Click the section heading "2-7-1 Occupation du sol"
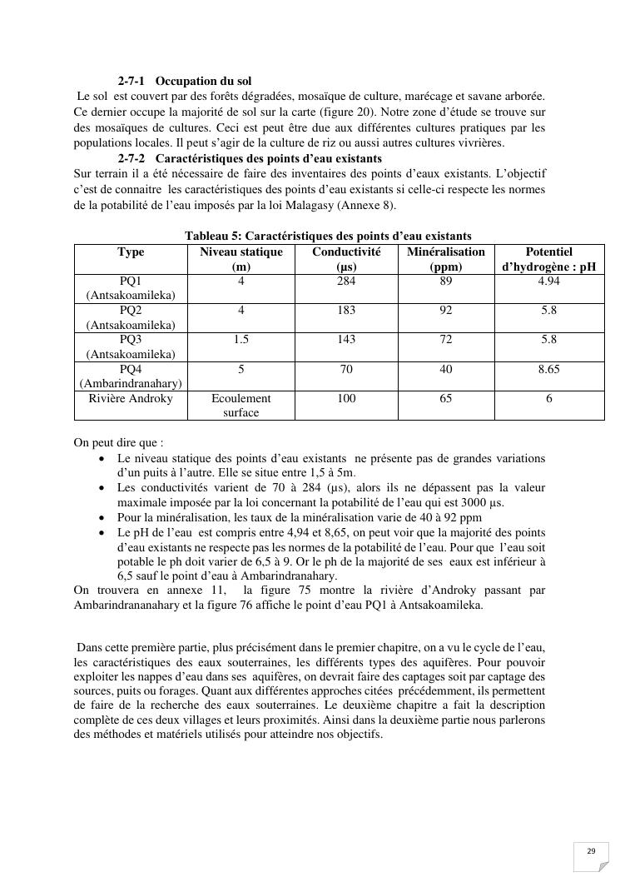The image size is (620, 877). point(184,82)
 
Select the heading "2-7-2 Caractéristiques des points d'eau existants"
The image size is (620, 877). point(250,158)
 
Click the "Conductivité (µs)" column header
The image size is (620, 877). point(346,259)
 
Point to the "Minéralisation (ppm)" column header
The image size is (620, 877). point(446,259)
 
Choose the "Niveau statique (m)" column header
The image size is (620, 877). point(241,259)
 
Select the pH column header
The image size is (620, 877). point(548,259)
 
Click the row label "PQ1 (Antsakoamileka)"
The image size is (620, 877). point(131,288)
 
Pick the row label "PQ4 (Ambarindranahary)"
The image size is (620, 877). point(131,376)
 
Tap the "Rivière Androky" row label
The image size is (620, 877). point(131,399)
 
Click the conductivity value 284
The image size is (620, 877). point(346,282)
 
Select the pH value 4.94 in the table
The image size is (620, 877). point(548,282)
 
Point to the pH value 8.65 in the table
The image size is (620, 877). point(548,369)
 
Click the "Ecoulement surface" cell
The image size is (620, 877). point(241,406)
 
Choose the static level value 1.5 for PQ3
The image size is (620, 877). point(241,340)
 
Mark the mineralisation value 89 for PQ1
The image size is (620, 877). point(446,282)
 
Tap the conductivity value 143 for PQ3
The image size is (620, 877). point(346,340)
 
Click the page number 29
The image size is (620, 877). point(591,851)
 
